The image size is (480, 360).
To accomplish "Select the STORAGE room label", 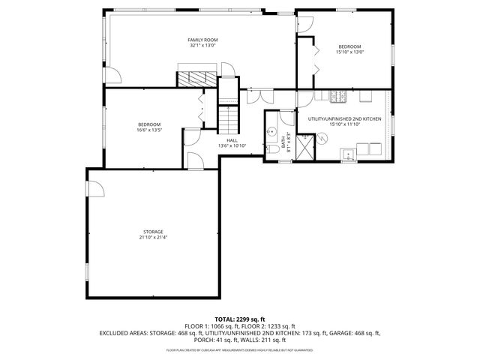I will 154,232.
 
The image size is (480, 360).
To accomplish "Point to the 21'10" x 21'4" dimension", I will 154,238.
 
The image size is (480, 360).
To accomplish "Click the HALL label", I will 232,139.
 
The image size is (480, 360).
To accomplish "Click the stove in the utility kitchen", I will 338,96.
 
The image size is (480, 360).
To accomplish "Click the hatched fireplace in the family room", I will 196,77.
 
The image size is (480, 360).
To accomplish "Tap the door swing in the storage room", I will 96,188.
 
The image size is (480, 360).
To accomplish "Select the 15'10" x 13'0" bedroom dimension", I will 349,52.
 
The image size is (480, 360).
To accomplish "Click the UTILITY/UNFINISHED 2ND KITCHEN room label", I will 344,119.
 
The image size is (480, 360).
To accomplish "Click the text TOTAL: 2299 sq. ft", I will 240,319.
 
